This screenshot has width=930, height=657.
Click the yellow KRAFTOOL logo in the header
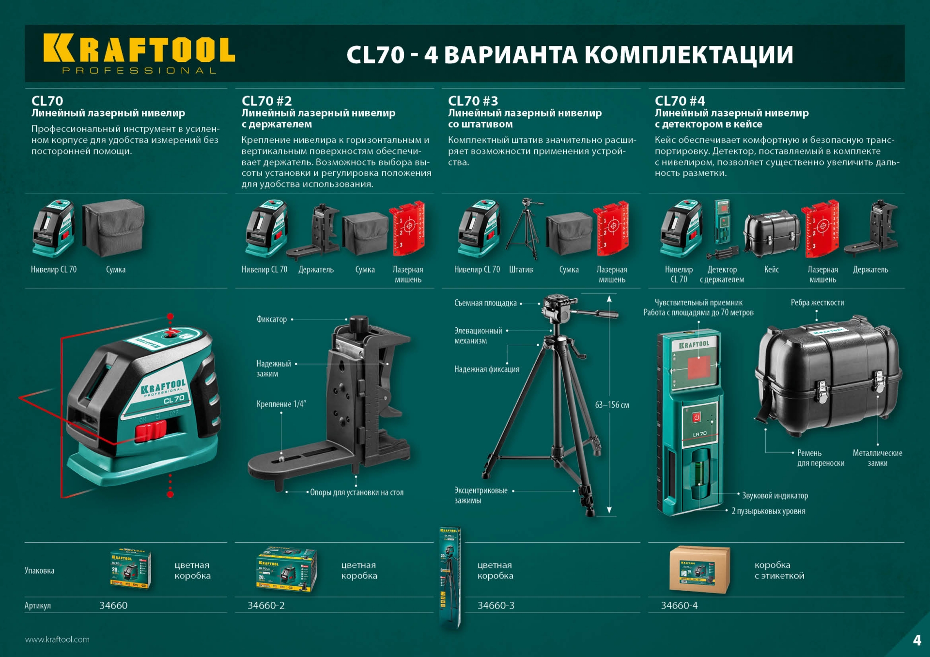click(x=139, y=49)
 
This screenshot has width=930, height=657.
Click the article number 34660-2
click(x=266, y=605)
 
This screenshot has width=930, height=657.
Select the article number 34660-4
click(x=679, y=605)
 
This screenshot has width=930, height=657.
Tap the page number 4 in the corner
click(x=917, y=641)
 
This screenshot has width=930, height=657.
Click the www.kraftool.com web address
click(x=57, y=639)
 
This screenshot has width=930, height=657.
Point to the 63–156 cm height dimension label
click(x=612, y=405)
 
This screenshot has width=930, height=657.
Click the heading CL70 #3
click(x=473, y=101)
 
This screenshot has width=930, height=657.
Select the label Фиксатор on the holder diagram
click(x=272, y=319)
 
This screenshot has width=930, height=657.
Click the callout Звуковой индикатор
click(x=775, y=495)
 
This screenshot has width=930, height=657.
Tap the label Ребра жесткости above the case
click(x=817, y=303)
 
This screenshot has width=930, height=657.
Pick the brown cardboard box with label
click(x=699, y=570)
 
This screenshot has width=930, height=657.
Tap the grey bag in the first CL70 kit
click(x=113, y=228)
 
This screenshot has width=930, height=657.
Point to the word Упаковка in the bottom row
click(x=39, y=570)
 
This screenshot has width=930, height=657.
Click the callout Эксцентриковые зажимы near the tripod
click(x=480, y=495)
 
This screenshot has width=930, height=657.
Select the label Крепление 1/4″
click(x=281, y=404)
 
